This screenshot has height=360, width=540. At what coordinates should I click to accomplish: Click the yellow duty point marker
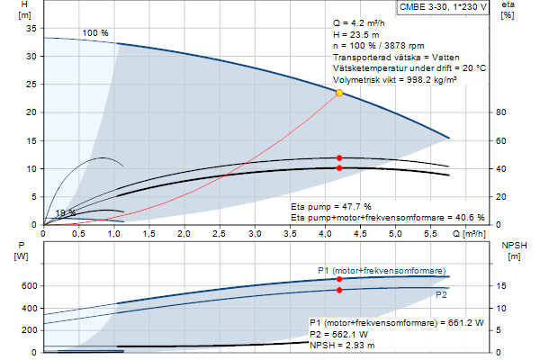pos(339,93)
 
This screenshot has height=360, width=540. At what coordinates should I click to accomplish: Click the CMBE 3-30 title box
pos(444,8)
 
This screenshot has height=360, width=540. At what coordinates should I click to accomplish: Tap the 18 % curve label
pos(65,213)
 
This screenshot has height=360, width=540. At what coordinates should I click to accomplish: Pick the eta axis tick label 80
pos(501,112)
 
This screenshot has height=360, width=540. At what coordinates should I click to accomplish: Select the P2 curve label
pos(441,294)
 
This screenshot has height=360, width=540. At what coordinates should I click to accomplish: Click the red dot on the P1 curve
pos(339,279)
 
